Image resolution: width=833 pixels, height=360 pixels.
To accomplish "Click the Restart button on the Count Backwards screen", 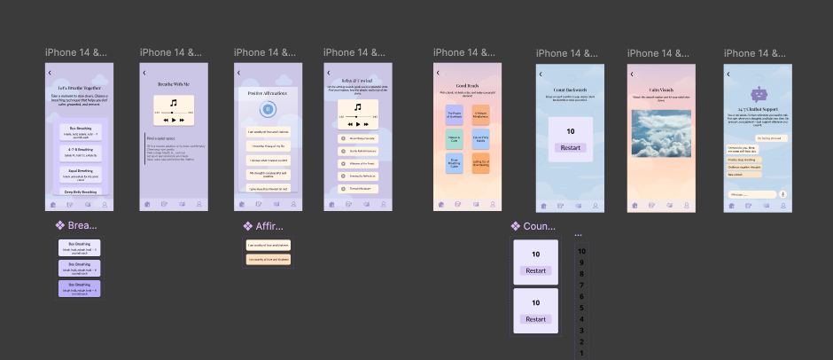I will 570,147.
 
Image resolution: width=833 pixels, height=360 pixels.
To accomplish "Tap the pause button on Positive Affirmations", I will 267,109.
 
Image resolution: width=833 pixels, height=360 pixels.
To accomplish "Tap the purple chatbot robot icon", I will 758,94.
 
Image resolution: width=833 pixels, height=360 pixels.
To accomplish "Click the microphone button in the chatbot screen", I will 783,194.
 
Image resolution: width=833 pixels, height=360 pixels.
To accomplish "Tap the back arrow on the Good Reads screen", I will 438,72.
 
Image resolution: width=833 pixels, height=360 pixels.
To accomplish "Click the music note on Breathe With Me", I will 174,103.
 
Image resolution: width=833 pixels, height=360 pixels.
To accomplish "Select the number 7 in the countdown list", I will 581,285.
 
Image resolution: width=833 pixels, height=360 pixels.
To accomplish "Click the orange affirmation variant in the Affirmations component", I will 268,260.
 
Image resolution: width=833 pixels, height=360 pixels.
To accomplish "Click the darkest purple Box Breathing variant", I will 79,289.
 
